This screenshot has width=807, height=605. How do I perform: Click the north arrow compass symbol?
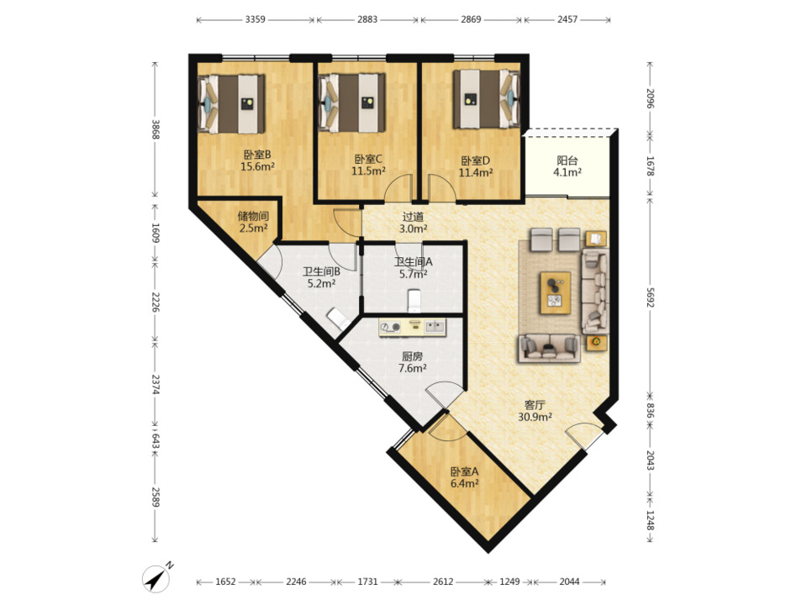(x=156, y=577)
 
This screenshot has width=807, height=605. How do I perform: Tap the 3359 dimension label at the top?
(x=256, y=19)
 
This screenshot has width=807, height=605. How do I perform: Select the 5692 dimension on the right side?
(x=650, y=297)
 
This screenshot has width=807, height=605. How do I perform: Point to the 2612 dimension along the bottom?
(x=443, y=581)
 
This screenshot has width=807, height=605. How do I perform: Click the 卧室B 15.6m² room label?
(x=257, y=160)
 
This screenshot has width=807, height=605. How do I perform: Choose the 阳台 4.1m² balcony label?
(x=567, y=166)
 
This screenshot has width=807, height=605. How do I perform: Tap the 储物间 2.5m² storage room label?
(x=253, y=222)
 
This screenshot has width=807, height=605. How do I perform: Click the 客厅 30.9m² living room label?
(x=535, y=411)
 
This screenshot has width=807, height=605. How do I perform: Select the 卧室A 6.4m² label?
(x=465, y=477)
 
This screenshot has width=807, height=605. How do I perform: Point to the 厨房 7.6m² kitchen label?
(x=412, y=361)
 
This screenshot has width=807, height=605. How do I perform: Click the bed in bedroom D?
(x=486, y=99)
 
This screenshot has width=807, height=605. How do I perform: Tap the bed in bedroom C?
(x=352, y=103)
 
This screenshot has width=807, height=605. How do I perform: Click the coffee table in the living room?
(x=556, y=292)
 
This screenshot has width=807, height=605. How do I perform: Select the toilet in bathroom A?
(x=414, y=301)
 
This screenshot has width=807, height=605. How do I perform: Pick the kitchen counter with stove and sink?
(x=412, y=328)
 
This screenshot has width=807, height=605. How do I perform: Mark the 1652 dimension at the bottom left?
(x=225, y=581)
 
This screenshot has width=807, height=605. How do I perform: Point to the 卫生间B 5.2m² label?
(x=322, y=276)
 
